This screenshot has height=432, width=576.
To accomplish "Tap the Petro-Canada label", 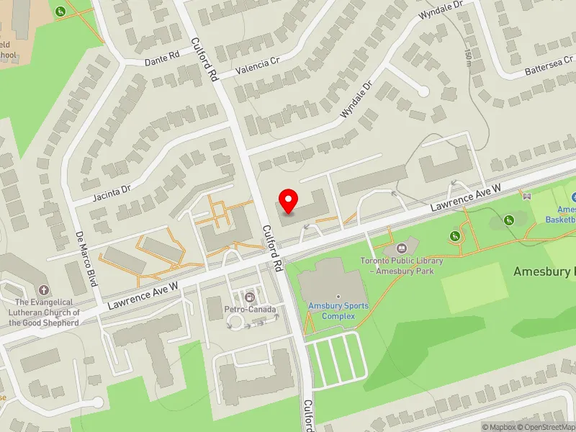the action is tap(250, 310).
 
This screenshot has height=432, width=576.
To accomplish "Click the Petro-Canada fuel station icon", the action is tap(250, 297).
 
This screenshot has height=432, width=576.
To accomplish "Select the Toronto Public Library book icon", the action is tap(402, 248).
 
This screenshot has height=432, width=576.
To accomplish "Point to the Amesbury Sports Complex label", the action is tap(338, 310).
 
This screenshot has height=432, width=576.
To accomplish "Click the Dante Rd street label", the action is tap(162, 58).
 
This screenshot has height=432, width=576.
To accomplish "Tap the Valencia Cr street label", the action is tap(257, 65).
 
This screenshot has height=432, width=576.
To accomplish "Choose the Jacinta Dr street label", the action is tap(112, 192).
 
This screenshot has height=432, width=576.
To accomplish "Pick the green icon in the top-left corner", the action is tap(61, 11).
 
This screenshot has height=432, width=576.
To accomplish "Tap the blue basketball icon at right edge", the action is tap(573, 197).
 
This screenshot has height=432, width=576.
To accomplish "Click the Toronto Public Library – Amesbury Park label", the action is tap(402, 266).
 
